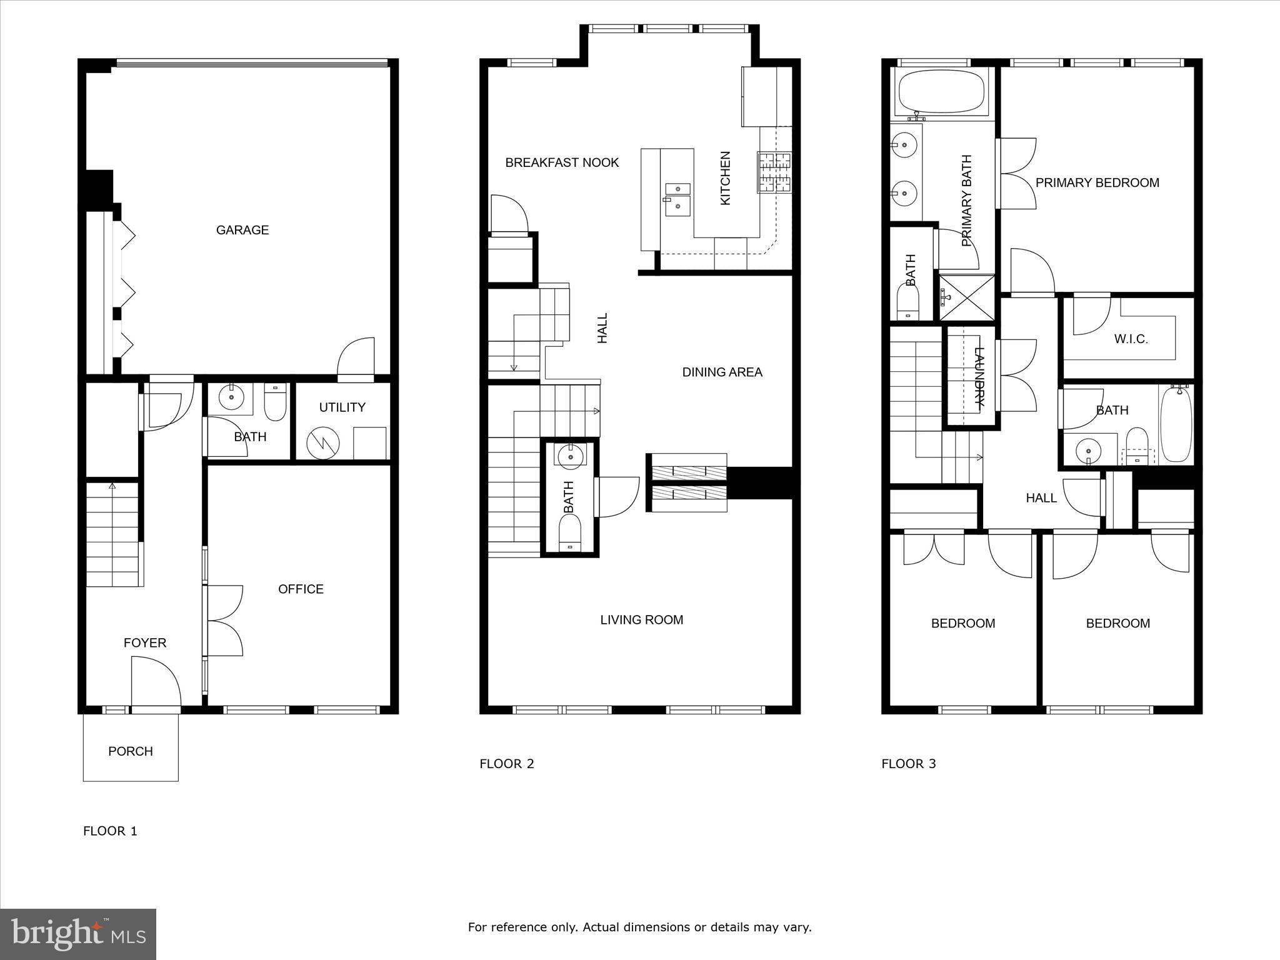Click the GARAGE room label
pyautogui.click(x=242, y=230)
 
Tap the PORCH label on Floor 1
pyautogui.click(x=130, y=751)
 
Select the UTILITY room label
pyautogui.click(x=342, y=407)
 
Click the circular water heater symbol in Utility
pyautogui.click(x=323, y=443)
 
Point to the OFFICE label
pyautogui.click(x=301, y=589)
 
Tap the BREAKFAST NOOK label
pyautogui.click(x=562, y=162)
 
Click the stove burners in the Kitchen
pyautogui.click(x=774, y=172)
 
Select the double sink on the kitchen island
pyautogui.click(x=677, y=199)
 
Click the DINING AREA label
pyautogui.click(x=722, y=372)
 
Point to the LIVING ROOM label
pyautogui.click(x=641, y=619)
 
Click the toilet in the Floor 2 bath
pyautogui.click(x=569, y=536)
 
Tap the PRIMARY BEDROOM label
pyautogui.click(x=1097, y=182)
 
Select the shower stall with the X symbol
pyautogui.click(x=966, y=297)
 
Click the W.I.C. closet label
pyautogui.click(x=1131, y=339)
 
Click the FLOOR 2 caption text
pyautogui.click(x=506, y=763)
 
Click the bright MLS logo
pyautogui.click(x=78, y=934)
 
